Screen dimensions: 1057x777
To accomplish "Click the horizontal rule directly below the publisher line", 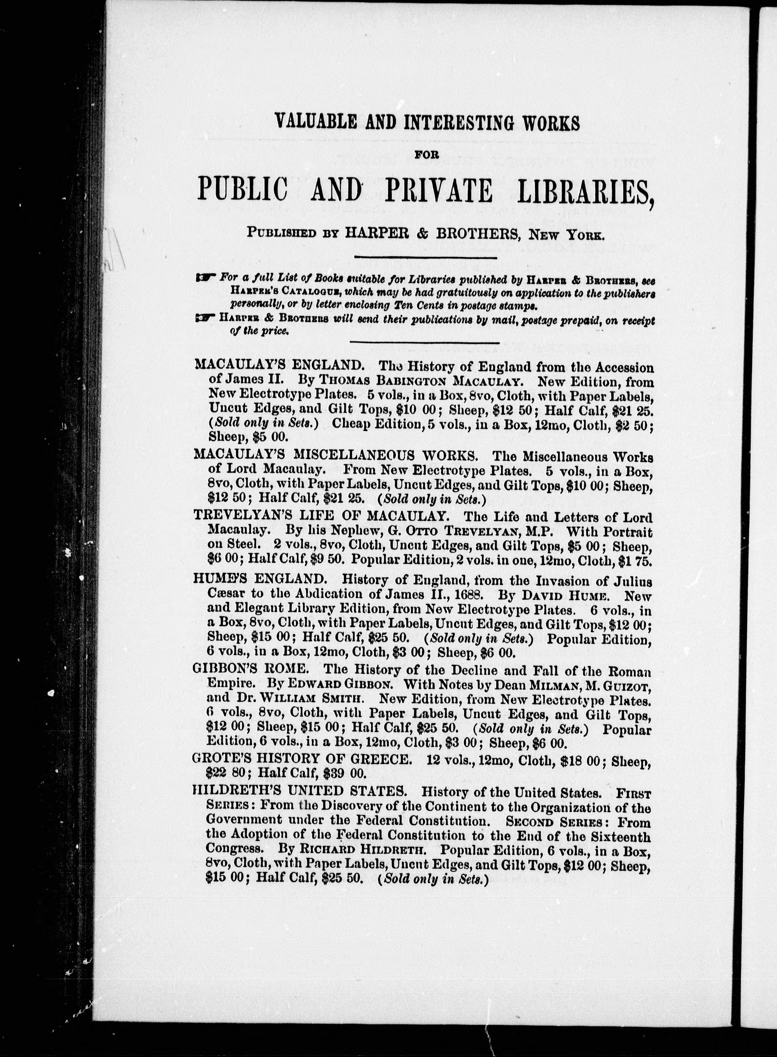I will click(x=425, y=257).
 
